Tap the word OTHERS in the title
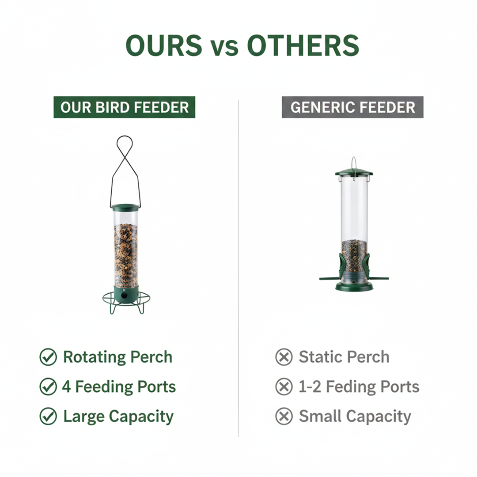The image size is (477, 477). (x=303, y=45)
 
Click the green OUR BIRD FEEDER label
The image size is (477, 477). (x=124, y=107)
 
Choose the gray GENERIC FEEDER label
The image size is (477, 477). (x=352, y=107)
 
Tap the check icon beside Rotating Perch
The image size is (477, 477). (x=48, y=357)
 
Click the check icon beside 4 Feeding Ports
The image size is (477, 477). (x=48, y=386)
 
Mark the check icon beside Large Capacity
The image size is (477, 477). (x=48, y=416)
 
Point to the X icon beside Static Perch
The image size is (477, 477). (x=284, y=357)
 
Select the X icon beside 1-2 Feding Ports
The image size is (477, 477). (x=284, y=386)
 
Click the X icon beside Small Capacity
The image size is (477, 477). (x=284, y=416)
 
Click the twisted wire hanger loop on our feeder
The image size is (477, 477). (x=125, y=152)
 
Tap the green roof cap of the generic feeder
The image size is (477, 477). (x=353, y=172)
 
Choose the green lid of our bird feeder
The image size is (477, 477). (x=125, y=207)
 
